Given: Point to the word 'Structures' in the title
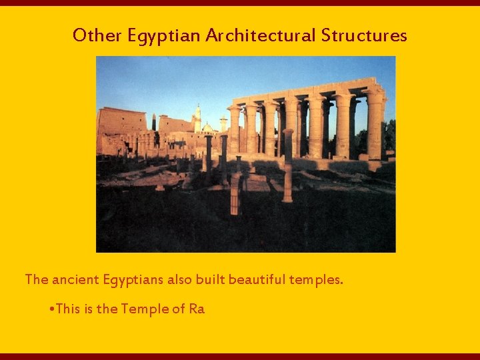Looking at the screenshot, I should (x=364, y=35).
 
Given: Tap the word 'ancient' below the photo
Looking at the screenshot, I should (x=75, y=279).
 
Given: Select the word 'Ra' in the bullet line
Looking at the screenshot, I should (x=197, y=309).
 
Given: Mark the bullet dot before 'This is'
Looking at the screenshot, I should (x=52, y=309).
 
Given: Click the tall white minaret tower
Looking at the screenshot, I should (x=197, y=118).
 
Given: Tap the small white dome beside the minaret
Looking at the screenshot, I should (x=208, y=127).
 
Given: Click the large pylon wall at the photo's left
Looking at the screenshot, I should (x=121, y=123).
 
